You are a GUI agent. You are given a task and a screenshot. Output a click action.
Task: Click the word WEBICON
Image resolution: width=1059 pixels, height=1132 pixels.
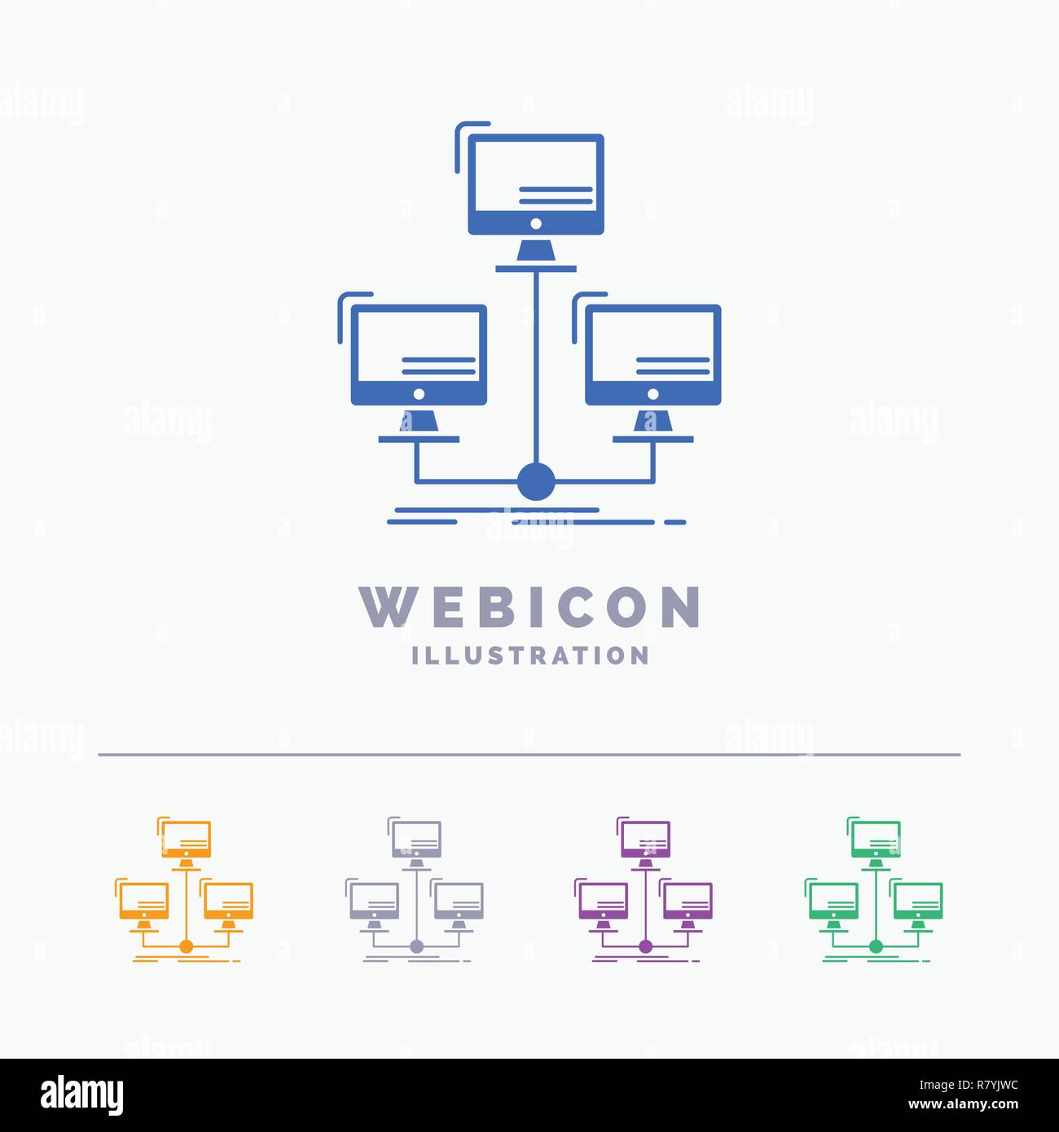click(529, 607)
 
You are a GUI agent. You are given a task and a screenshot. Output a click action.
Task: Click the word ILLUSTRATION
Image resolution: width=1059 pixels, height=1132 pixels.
click(530, 656)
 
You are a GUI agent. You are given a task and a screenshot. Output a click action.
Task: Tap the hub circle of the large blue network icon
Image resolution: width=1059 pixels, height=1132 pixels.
click(536, 481)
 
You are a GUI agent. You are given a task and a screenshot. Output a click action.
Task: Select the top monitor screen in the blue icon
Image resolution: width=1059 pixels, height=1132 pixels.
click(536, 176)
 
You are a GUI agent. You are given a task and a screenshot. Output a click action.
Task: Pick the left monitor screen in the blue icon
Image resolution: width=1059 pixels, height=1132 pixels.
click(419, 347)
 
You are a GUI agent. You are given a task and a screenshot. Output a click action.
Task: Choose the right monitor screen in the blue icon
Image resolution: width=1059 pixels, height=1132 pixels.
click(653, 347)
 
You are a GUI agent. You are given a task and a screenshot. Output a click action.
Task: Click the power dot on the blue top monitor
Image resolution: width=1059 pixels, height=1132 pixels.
click(536, 223)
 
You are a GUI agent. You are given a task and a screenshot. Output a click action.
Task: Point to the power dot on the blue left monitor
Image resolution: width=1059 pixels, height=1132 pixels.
click(419, 394)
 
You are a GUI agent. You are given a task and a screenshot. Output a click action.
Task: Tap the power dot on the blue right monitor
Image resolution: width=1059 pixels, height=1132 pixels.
click(653, 394)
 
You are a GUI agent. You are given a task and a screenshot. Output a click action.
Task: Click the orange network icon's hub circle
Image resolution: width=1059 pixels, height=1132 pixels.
click(186, 947)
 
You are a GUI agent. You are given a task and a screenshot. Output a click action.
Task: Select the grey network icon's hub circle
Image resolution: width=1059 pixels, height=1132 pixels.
click(416, 947)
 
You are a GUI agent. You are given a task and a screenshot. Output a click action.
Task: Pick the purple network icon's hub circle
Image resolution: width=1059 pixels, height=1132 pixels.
click(645, 947)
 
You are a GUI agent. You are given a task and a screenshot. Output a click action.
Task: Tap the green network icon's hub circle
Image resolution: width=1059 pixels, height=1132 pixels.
click(876, 947)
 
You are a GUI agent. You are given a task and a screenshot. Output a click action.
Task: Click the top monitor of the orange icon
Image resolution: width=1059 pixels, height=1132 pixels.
click(186, 839)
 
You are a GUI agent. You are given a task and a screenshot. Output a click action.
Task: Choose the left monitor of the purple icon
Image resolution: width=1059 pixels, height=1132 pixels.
click(604, 901)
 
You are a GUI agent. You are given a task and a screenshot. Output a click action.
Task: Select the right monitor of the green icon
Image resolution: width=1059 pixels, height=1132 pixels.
click(917, 901)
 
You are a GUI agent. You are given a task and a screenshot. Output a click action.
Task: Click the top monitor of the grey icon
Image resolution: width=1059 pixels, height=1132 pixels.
click(416, 839)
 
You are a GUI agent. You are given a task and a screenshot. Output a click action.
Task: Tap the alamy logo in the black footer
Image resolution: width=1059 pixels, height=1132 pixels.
click(81, 1095)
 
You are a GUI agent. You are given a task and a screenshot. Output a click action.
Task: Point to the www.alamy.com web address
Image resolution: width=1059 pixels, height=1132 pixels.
click(964, 1104)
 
